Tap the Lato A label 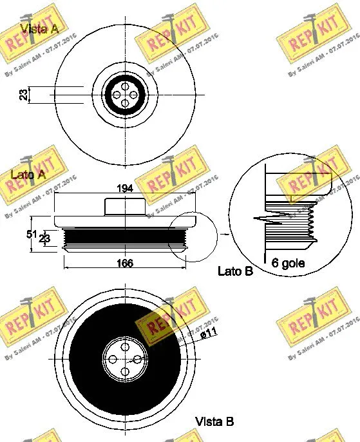[x=28, y=174]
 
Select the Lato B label [x=235, y=271]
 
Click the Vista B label [x=214, y=421]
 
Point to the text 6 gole [x=289, y=263]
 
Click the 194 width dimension [x=125, y=188]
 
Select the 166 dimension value [x=125, y=263]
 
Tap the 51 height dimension [x=30, y=234]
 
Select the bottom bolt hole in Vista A [x=124, y=104]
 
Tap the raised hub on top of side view [x=124, y=207]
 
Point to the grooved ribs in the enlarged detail [x=290, y=226]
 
